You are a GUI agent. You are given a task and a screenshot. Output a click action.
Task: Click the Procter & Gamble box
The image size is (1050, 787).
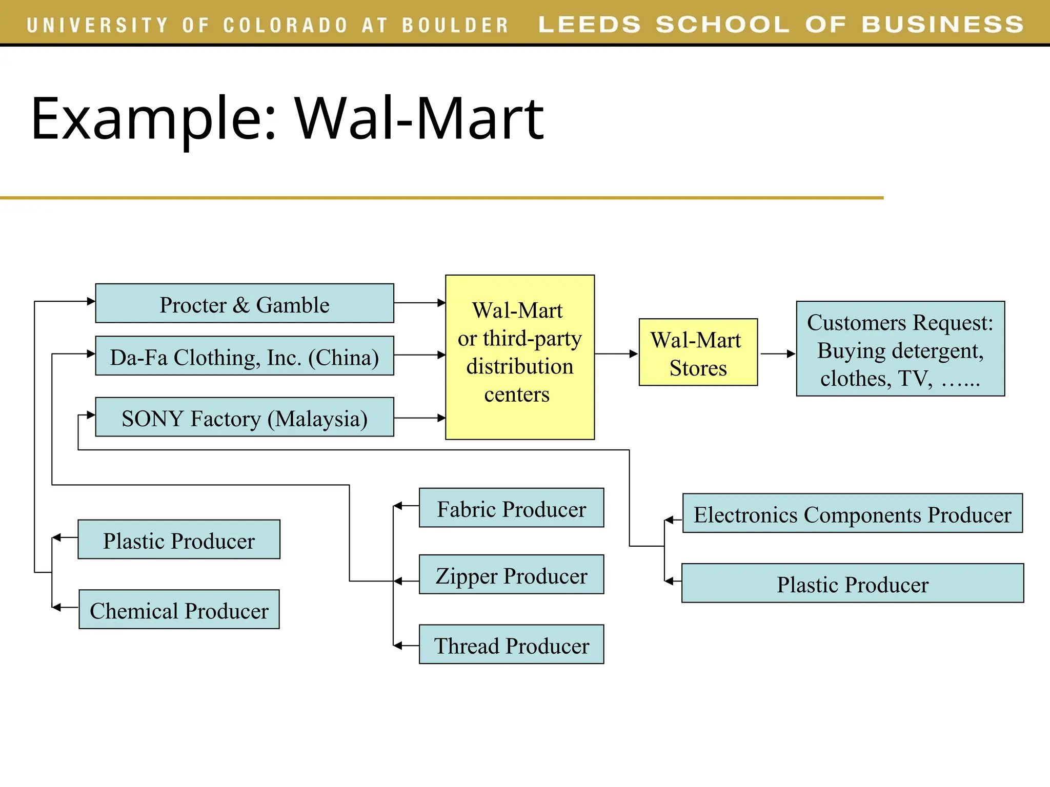point(245,303)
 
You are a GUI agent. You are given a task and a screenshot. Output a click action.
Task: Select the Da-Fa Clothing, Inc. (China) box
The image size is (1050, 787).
point(245,356)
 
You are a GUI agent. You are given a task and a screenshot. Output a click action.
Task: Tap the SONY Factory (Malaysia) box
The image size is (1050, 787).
point(245,417)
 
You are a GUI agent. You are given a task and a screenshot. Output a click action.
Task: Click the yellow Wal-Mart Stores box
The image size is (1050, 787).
point(698,353)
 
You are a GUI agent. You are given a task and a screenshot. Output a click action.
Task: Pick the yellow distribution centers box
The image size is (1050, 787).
point(519,357)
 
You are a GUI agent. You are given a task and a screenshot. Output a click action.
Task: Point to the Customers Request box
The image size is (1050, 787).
point(900,349)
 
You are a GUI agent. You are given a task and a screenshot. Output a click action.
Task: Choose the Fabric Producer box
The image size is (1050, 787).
point(511,508)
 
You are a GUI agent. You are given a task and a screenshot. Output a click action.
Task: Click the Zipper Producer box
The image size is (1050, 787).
point(511,574)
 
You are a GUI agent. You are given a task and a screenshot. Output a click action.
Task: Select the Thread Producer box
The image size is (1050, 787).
point(511,644)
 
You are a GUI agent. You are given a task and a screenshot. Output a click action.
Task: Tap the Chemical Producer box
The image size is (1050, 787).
point(179,609)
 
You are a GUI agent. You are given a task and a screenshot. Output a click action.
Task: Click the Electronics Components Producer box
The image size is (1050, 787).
point(852,513)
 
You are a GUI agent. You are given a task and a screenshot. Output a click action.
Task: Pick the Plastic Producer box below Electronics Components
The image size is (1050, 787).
point(852,583)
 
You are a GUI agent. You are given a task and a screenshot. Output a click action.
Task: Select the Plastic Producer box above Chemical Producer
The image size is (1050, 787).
point(179,540)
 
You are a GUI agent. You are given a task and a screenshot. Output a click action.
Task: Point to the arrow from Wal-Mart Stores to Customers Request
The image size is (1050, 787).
point(777,354)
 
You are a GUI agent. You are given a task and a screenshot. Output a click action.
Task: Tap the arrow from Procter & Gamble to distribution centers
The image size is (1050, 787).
point(419,303)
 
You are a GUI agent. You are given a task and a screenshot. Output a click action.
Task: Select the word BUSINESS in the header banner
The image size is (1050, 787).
point(942,25)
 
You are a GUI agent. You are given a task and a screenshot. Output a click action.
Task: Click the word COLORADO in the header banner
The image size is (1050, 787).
point(285,25)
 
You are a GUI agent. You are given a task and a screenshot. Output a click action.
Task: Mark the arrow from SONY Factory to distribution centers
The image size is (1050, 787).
point(419,418)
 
